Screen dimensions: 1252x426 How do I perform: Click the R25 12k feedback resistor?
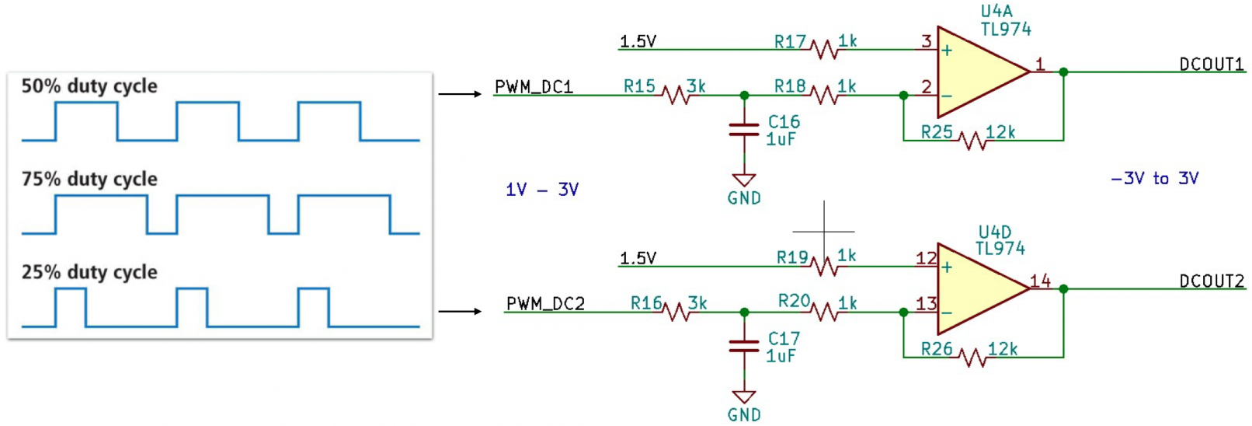click(973, 141)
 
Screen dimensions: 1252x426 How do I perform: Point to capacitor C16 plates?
click(744, 130)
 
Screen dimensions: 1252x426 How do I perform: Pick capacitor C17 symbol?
click(744, 347)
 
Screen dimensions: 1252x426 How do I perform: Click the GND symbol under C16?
click(744, 180)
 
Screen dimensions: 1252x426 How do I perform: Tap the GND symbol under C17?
click(744, 397)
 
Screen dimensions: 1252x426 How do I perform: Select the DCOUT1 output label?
click(1212, 65)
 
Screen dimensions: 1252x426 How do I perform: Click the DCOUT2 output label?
click(1212, 281)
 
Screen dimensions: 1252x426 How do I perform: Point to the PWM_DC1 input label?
click(534, 87)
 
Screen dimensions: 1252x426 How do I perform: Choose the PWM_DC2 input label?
click(545, 304)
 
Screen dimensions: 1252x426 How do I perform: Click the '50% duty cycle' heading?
click(89, 86)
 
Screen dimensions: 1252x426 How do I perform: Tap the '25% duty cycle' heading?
click(89, 272)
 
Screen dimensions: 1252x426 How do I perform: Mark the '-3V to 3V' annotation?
click(1155, 179)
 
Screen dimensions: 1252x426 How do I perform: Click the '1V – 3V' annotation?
click(542, 190)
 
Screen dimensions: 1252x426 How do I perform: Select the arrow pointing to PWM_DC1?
click(460, 94)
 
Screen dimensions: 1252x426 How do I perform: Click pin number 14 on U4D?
click(1041, 281)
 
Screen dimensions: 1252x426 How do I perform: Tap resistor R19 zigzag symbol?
click(824, 267)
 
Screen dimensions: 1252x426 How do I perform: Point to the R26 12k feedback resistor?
click(973, 357)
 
